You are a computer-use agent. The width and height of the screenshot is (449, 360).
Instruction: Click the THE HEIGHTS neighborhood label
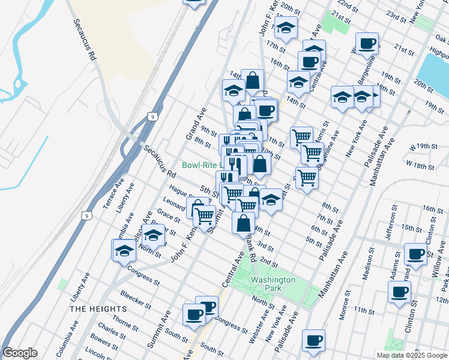click(x=98, y=308)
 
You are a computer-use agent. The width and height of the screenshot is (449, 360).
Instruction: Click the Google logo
click(x=20, y=353)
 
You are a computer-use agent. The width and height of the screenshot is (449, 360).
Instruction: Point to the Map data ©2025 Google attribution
click(x=412, y=355)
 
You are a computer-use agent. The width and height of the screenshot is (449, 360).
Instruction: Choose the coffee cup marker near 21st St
click(x=367, y=44)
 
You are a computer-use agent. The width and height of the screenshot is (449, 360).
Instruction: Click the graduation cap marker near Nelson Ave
click(x=154, y=236)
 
